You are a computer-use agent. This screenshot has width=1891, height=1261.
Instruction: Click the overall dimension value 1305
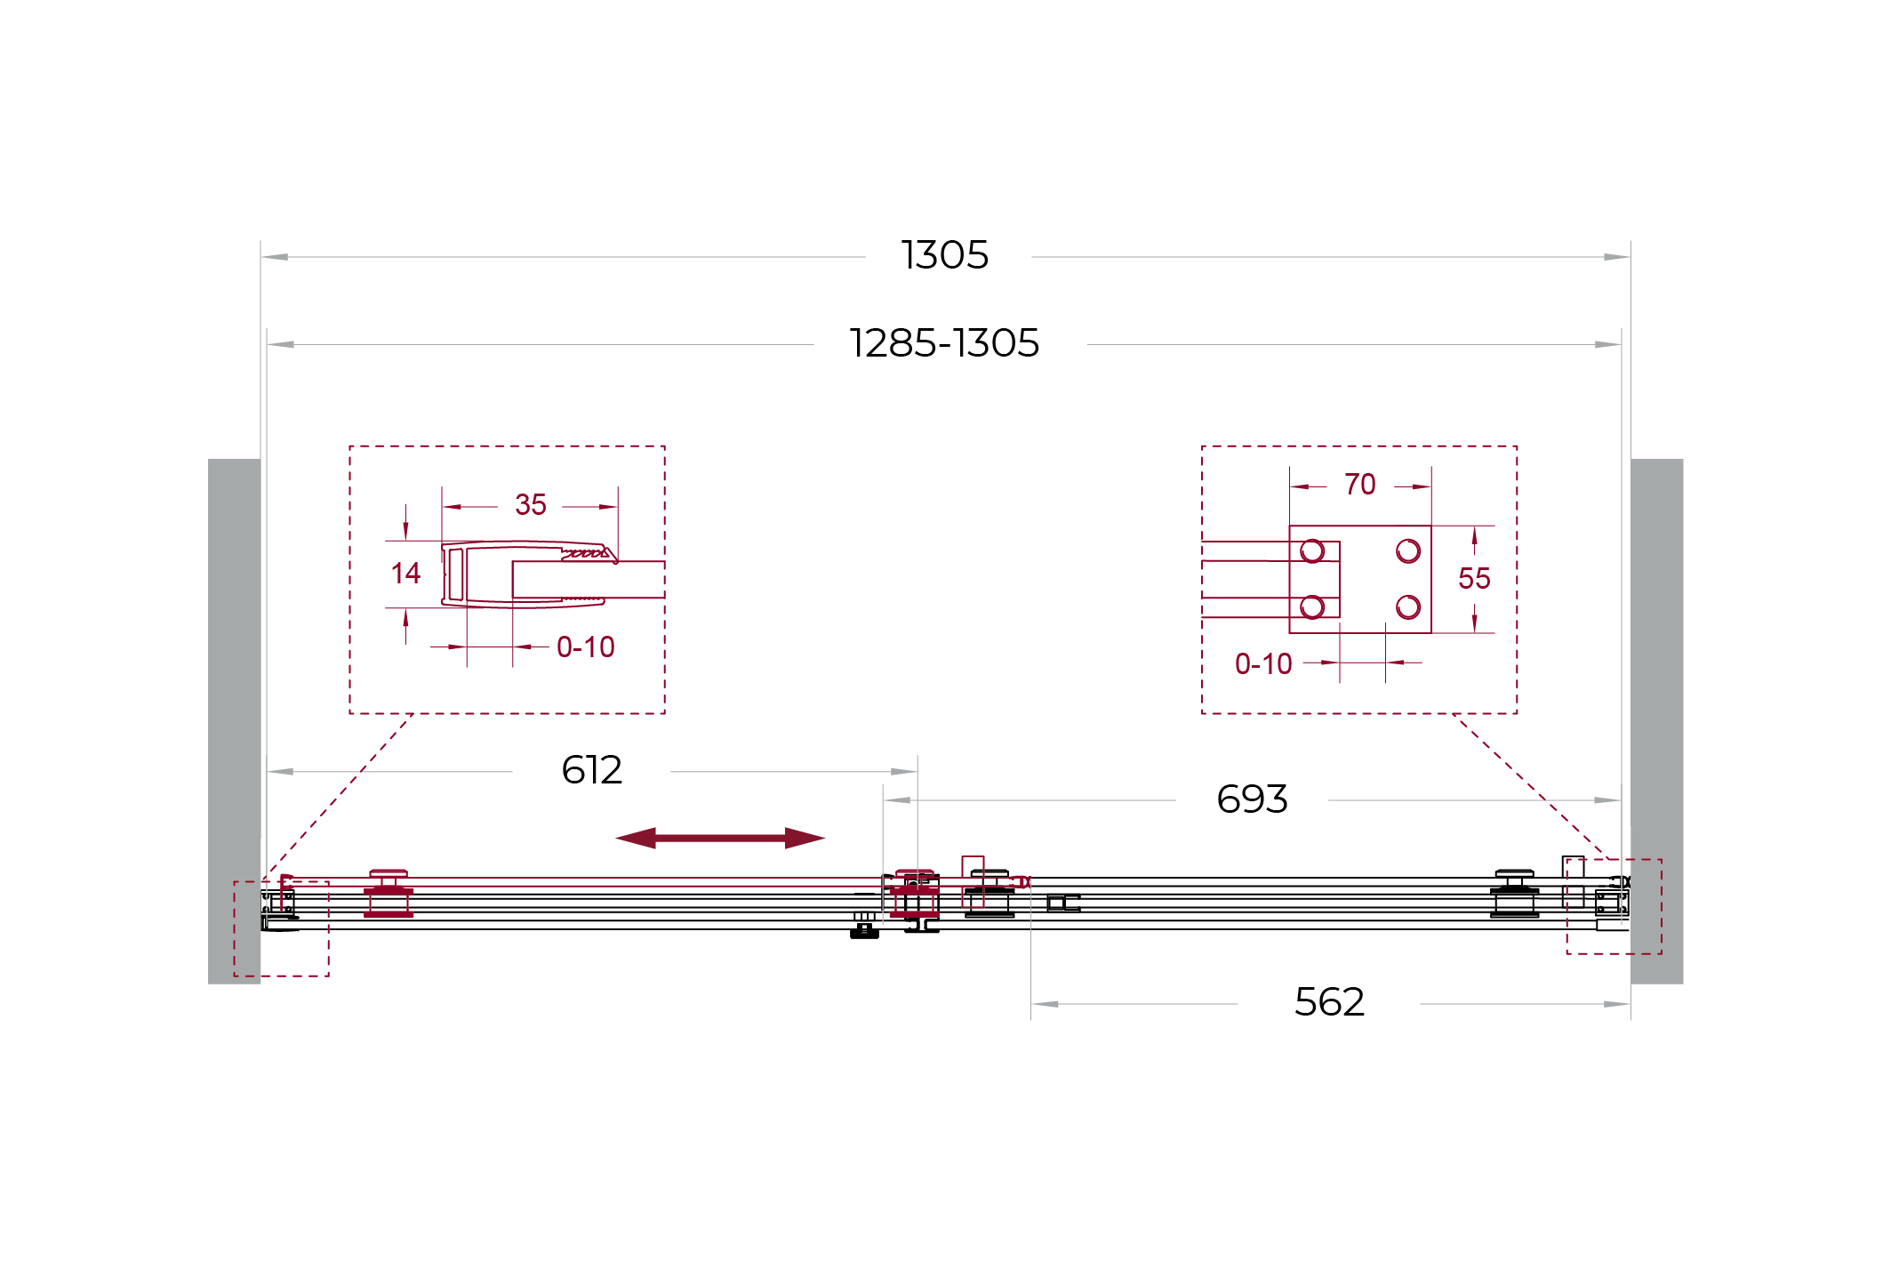click(x=944, y=256)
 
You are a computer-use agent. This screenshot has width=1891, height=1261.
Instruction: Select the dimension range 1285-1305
click(x=944, y=343)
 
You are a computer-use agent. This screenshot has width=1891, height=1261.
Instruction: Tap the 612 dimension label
click(x=592, y=770)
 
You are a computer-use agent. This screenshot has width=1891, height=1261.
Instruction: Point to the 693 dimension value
click(x=1252, y=799)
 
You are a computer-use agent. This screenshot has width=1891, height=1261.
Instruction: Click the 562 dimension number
click(x=1329, y=1002)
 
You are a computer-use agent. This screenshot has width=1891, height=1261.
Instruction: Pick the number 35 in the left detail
click(x=531, y=505)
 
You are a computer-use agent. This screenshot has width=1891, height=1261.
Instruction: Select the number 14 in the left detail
click(x=405, y=574)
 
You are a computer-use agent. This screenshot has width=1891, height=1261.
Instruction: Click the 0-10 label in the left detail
click(x=586, y=647)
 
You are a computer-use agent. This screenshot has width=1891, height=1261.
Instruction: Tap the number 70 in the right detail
click(x=1360, y=485)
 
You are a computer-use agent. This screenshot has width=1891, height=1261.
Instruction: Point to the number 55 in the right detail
click(x=1474, y=579)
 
